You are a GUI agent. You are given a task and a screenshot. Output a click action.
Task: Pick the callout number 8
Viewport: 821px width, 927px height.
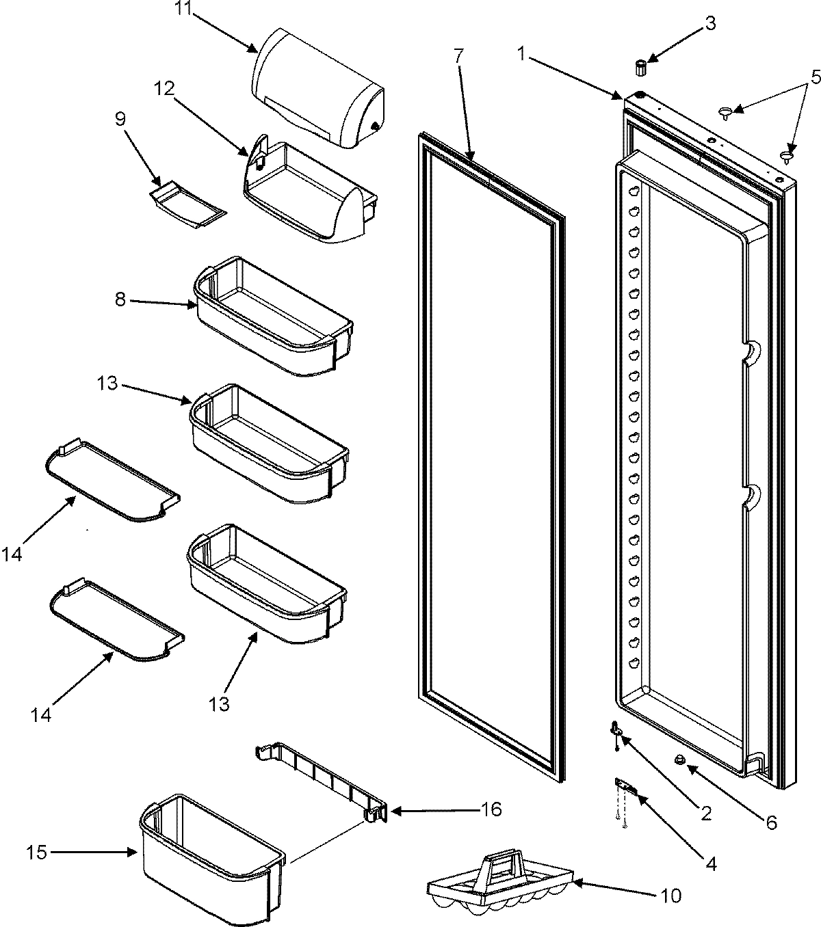coord(120,299)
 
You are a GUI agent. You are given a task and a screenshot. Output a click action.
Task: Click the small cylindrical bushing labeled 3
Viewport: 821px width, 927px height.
coord(640,68)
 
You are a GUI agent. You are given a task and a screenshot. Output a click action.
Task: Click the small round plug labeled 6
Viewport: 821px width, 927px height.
coord(680,759)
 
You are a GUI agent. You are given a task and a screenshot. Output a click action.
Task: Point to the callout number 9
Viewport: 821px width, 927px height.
coord(120,119)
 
